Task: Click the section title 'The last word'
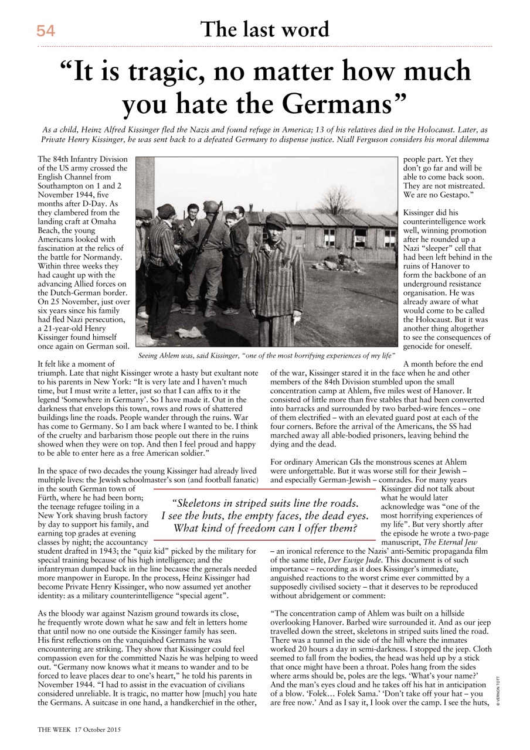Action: (265, 29)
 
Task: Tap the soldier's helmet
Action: (210, 207)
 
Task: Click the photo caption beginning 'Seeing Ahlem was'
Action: (266, 356)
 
